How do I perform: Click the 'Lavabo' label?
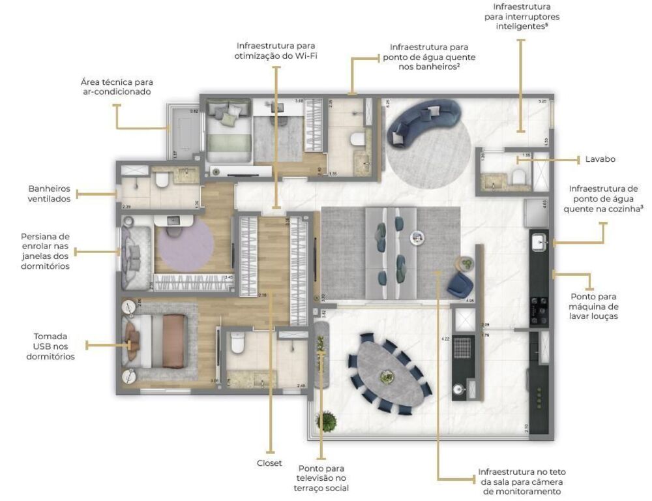click(600, 159)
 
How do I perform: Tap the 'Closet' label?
click(269, 463)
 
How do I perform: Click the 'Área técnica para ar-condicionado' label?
click(117, 87)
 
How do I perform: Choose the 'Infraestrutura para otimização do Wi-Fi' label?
click(276, 51)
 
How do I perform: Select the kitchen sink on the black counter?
click(539, 243)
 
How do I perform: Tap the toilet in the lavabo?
click(519, 176)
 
